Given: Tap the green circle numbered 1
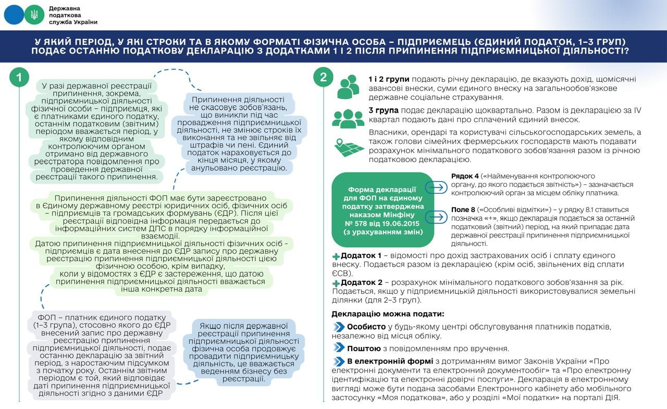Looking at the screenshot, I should tap(19, 78).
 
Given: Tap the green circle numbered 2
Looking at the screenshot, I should tap(323, 78).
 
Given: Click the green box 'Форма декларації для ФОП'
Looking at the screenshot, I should tap(383, 209).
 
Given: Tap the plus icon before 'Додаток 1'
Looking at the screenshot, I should tap(336, 256).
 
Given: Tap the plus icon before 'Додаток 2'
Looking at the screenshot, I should tap(336, 283).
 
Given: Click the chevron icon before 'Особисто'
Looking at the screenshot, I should tap(338, 327).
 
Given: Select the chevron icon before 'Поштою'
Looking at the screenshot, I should tap(338, 348).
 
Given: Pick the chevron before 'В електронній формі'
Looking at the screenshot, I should tap(338, 362).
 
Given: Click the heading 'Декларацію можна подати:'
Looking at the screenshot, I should tap(388, 314).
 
